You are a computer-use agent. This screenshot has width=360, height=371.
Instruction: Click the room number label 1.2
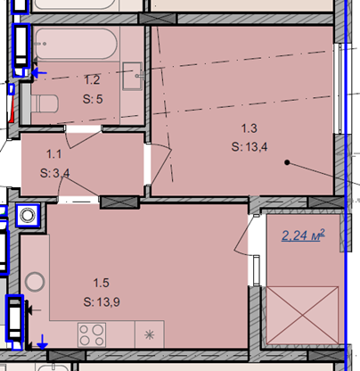[92, 80]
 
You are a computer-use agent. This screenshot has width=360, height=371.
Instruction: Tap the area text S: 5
[93, 99]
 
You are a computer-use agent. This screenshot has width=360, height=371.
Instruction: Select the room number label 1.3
[249, 128]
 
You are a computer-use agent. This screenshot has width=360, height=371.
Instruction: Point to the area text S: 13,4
[250, 147]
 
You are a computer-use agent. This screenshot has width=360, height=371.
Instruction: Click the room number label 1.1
[54, 154]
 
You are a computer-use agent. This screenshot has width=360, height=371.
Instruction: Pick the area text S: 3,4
[55, 173]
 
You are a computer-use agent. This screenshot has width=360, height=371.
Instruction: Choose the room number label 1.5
[102, 283]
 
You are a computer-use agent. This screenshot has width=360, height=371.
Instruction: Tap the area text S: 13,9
[102, 302]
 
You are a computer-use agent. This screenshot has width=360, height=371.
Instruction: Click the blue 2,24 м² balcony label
[303, 235]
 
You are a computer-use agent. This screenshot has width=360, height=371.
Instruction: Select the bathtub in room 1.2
[76, 44]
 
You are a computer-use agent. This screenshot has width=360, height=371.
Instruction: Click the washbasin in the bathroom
[133, 76]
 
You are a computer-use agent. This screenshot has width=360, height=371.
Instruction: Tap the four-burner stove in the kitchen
[92, 334]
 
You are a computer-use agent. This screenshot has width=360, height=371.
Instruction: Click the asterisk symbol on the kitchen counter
[149, 335]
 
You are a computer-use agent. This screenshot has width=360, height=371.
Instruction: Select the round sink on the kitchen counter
[35, 281]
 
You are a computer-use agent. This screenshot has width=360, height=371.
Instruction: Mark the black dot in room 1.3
[287, 162]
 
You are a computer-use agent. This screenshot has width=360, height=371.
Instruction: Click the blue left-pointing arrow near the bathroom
[39, 72]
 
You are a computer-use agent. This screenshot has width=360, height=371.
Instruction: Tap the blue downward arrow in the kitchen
[42, 342]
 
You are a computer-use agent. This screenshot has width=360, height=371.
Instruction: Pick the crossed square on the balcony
[302, 315]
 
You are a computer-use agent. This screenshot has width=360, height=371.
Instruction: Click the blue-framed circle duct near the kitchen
[28, 215]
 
